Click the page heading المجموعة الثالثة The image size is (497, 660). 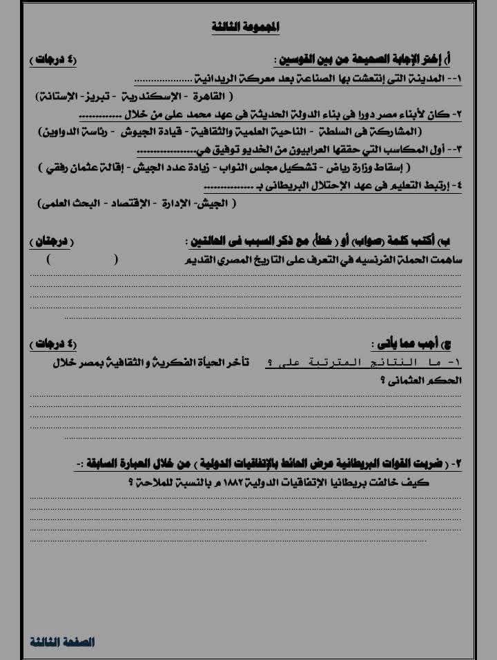click(x=246, y=28)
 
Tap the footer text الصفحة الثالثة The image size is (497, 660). click(x=62, y=641)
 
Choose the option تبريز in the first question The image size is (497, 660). click(x=104, y=95)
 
